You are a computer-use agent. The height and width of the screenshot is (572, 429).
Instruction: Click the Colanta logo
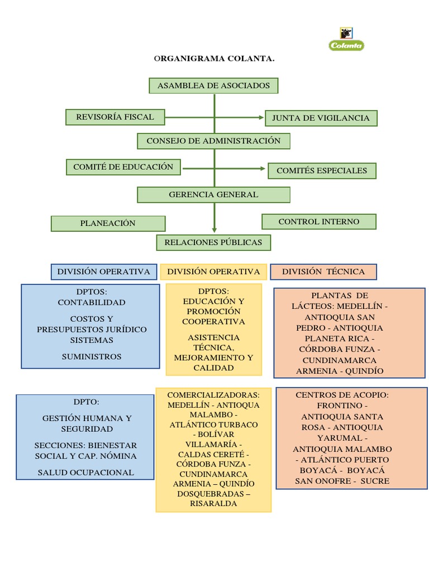point(346,40)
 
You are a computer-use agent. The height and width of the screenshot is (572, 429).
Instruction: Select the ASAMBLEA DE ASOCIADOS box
point(213,85)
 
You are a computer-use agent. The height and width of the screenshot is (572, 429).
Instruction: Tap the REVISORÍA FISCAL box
point(115,117)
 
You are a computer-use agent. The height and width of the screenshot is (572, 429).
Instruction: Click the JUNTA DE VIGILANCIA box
point(321,118)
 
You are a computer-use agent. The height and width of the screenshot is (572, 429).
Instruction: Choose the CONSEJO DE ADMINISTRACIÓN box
point(213,141)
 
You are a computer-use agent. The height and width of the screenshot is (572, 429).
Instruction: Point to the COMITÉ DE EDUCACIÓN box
point(123,166)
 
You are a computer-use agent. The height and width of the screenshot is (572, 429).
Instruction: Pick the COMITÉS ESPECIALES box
point(322,171)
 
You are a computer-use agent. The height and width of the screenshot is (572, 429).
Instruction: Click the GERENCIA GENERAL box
point(213,194)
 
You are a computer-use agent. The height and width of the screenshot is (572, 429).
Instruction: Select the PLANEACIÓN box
point(108,223)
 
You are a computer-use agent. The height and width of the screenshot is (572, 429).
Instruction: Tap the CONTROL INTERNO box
point(319,222)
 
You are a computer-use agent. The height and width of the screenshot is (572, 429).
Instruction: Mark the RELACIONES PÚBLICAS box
point(213,242)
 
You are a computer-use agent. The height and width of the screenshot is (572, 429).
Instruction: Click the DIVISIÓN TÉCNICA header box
point(323,272)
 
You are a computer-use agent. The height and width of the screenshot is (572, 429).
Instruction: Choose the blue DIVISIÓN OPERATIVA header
point(104,272)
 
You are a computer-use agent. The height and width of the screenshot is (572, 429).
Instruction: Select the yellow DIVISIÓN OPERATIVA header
point(213,272)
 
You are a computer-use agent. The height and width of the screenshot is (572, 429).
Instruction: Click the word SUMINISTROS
point(92,356)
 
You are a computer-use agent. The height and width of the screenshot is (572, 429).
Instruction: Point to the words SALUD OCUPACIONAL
point(86,473)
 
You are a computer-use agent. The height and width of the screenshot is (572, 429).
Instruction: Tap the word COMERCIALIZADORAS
point(213,394)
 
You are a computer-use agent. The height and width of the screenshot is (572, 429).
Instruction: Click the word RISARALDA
point(213,503)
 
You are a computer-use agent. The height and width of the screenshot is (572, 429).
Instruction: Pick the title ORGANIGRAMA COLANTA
point(214,58)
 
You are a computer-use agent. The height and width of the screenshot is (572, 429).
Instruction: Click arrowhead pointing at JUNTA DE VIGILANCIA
point(261,117)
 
